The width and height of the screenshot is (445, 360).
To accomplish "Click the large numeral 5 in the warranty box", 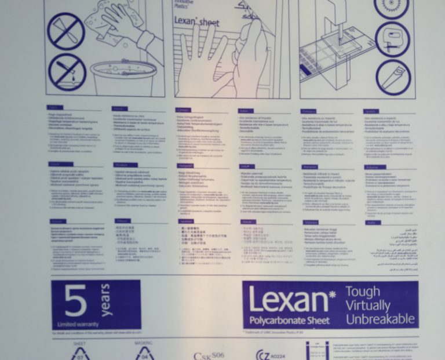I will click(76, 300).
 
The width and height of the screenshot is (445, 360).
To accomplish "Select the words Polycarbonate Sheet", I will click(290, 321).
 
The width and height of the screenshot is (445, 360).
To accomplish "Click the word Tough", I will click(363, 292).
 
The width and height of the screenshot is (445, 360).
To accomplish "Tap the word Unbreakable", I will click(380, 319).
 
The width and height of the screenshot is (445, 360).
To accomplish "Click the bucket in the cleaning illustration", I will click(123, 77).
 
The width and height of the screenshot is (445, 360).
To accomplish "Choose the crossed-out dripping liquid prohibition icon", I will click(66, 72).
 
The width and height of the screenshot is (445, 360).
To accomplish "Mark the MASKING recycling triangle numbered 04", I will click(143, 352).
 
